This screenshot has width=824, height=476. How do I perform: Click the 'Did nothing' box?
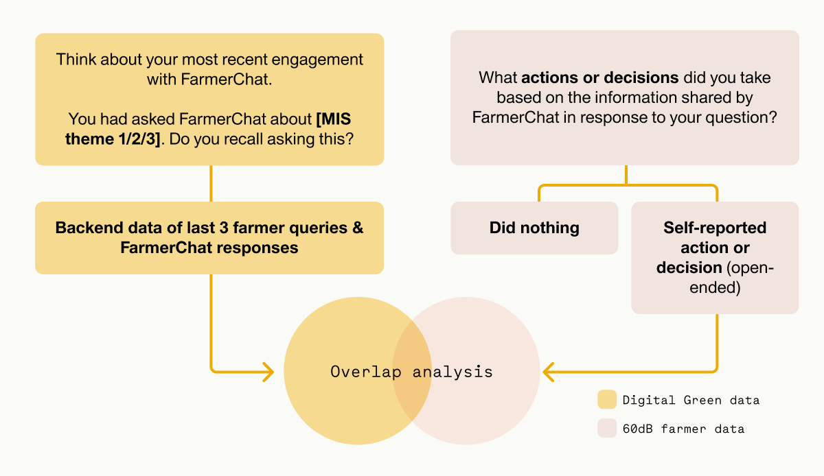[534, 228]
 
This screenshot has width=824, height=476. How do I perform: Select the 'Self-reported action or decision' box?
[715, 257]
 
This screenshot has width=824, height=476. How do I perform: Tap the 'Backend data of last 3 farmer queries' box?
[209, 237]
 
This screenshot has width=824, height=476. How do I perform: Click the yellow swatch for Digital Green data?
[607, 400]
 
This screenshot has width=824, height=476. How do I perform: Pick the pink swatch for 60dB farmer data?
[607, 429]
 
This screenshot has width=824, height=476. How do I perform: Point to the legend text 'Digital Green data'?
[691, 400]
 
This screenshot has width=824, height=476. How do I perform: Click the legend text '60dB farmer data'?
[683, 429]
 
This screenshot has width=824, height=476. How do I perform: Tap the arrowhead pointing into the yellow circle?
[268, 372]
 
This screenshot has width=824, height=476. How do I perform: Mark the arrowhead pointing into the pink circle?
[548, 372]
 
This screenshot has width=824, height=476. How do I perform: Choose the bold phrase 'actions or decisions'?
[599, 77]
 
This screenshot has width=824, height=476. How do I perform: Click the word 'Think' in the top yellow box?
[76, 60]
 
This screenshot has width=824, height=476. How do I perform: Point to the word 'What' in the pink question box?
[499, 77]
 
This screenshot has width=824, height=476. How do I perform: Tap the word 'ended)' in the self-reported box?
[715, 287]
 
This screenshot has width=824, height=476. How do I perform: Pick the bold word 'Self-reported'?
[715, 227]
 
